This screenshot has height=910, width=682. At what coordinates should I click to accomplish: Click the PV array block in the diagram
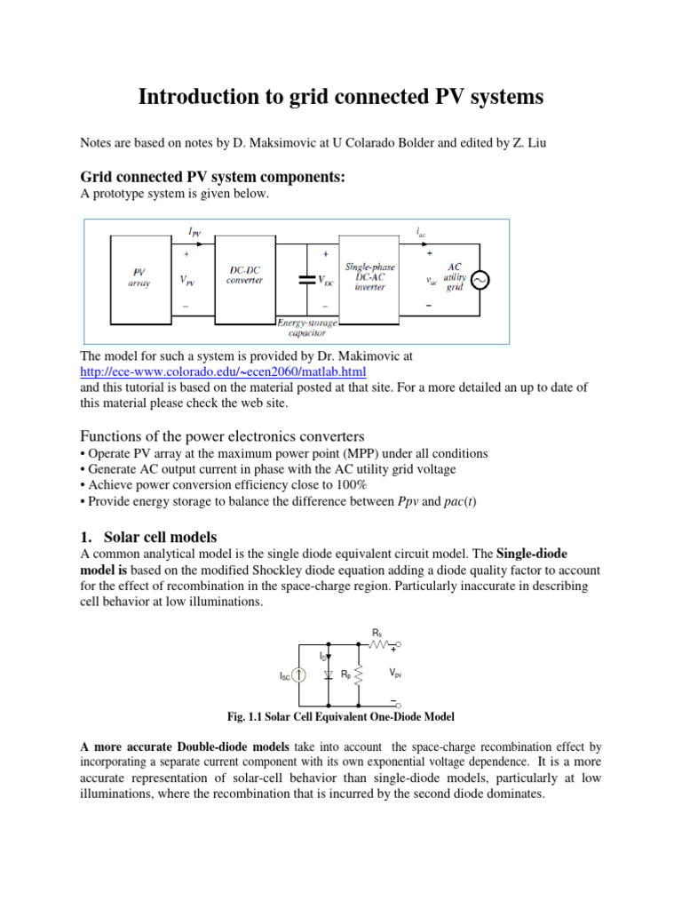point(139,277)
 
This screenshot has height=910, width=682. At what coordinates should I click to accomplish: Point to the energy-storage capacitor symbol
point(307,279)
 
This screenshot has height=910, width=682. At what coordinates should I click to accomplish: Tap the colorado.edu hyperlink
point(223,371)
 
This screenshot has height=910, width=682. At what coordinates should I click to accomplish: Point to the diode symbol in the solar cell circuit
point(329,675)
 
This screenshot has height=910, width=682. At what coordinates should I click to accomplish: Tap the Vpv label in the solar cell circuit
point(399,675)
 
